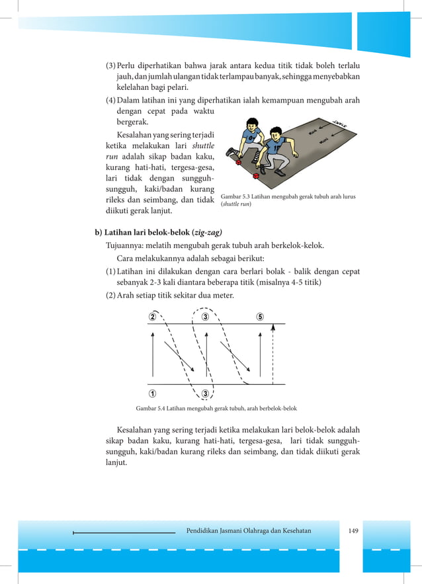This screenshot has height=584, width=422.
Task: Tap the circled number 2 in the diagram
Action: [x=152, y=316]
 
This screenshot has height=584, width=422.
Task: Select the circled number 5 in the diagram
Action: [x=260, y=316]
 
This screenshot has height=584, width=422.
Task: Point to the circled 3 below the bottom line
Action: [x=206, y=394]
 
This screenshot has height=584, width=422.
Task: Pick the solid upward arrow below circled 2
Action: [x=153, y=357]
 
